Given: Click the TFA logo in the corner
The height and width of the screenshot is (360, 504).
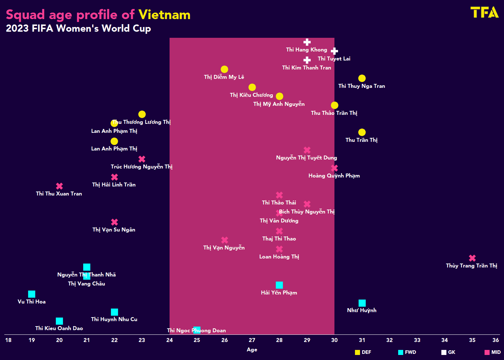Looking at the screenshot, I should [x=484, y=13].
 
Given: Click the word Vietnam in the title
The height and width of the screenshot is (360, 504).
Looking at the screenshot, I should [x=164, y=15].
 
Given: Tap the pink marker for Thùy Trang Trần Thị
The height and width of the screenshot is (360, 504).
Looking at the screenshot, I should [x=472, y=258].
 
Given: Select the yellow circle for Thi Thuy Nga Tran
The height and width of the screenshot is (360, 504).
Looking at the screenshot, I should [x=362, y=78].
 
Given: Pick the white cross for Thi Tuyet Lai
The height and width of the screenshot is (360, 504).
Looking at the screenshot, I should [x=334, y=51].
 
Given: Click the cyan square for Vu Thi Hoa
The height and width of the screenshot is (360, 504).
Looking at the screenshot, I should [x=32, y=294].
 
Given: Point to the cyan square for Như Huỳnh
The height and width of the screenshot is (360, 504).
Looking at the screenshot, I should [x=362, y=303].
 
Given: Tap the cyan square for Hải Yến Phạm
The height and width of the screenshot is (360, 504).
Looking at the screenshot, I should [x=279, y=285].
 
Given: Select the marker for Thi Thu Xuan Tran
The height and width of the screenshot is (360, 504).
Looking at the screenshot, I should [x=59, y=186].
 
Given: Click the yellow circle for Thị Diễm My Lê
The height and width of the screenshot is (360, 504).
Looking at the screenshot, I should [x=224, y=69].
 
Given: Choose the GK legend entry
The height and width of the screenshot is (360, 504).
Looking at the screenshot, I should [x=448, y=352].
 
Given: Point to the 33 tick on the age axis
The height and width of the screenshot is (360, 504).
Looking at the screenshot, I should [x=417, y=340].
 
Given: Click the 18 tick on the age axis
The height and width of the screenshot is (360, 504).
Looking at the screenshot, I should [x=8, y=340].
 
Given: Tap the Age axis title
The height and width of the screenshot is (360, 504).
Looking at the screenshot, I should [x=252, y=350].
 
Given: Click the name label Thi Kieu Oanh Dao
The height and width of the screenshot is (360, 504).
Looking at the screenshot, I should [x=59, y=328].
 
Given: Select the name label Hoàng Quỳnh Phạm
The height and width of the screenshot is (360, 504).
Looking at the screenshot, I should [x=334, y=176].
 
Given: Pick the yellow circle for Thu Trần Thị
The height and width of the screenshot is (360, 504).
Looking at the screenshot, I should [x=362, y=132].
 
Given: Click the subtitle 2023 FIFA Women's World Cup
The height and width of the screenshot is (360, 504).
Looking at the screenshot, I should [x=78, y=28].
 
